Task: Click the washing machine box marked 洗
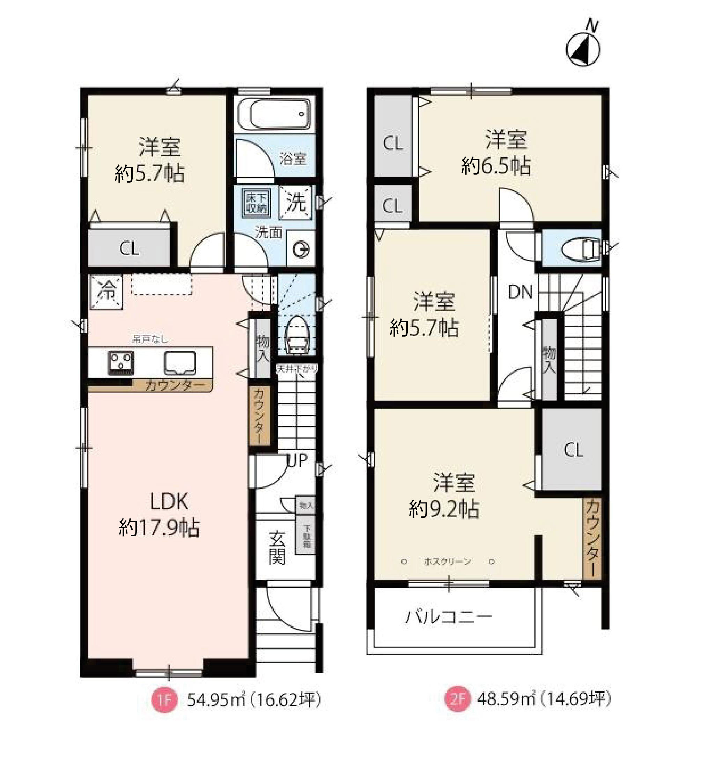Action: pyautogui.click(x=295, y=202)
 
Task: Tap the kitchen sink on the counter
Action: pyautogui.click(x=180, y=362)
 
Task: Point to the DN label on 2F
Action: pyautogui.click(x=520, y=292)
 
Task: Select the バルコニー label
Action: pyautogui.click(x=449, y=616)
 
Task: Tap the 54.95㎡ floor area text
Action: pyautogui.click(x=215, y=700)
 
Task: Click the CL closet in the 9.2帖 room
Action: pyautogui.click(x=573, y=450)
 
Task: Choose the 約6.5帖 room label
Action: pyautogui.click(x=496, y=166)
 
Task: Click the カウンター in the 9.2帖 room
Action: pyautogui.click(x=592, y=539)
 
